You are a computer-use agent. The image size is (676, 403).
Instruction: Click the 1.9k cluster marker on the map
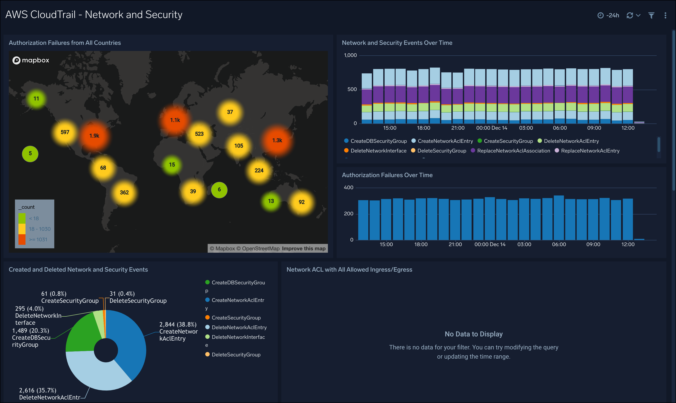click(x=94, y=136)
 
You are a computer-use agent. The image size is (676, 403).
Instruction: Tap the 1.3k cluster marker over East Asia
click(x=277, y=140)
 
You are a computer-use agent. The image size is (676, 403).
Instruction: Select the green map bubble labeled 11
click(x=36, y=99)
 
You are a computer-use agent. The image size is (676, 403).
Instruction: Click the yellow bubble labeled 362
click(x=124, y=192)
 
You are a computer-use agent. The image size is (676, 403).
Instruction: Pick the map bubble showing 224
click(x=259, y=170)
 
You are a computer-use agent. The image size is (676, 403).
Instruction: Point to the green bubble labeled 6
click(x=219, y=190)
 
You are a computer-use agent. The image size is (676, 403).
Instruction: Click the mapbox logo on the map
click(x=31, y=60)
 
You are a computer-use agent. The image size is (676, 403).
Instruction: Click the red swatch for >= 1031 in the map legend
click(x=22, y=240)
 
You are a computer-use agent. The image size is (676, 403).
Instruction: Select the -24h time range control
click(x=608, y=15)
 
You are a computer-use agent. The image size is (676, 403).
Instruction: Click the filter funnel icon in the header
click(x=651, y=15)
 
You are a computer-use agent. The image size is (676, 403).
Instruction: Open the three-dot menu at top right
click(x=665, y=15)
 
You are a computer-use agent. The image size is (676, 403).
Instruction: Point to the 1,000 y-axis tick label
click(x=350, y=55)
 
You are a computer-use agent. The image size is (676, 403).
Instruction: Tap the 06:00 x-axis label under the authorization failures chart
click(x=559, y=244)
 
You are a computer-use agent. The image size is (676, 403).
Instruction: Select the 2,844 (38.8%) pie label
click(x=178, y=325)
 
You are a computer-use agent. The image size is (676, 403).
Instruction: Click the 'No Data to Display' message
click(x=473, y=334)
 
